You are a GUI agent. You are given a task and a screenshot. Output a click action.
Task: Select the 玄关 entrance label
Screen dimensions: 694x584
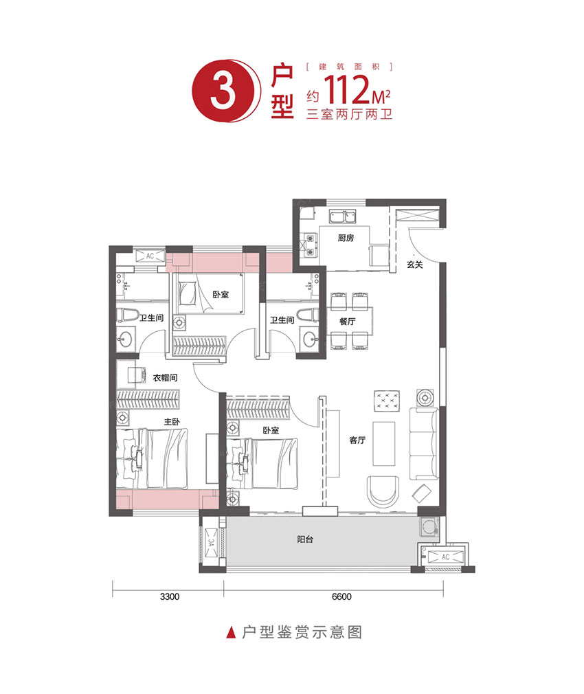[414, 263]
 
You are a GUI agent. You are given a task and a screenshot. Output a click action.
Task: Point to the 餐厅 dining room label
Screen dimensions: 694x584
[347, 321]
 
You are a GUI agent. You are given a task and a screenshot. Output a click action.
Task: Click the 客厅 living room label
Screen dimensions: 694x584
[357, 440]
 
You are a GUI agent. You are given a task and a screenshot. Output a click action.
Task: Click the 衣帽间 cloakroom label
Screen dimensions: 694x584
[166, 377]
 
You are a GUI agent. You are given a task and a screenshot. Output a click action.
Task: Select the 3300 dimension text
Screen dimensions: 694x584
[169, 596]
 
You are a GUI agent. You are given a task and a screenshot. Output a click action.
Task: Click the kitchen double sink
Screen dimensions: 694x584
[341, 218]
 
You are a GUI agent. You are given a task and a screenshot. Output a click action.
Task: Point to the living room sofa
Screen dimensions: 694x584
[423, 443]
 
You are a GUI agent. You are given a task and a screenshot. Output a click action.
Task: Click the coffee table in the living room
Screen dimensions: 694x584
[385, 443]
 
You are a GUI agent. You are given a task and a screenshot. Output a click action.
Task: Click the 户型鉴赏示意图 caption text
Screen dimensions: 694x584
[303, 632]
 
